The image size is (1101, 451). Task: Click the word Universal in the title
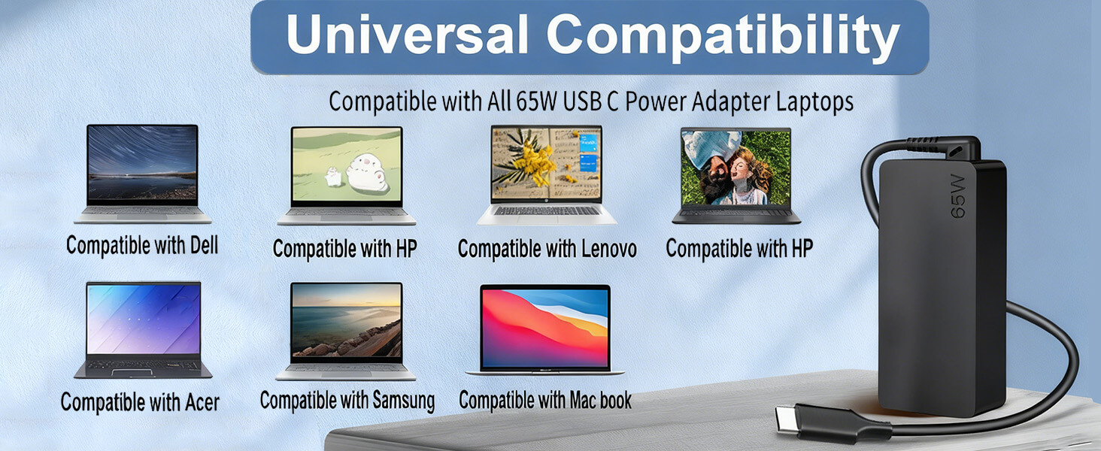pyautogui.click(x=408, y=34)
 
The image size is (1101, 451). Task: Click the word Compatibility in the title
pyautogui.click(x=723, y=37)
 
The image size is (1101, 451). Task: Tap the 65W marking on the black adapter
pyautogui.click(x=958, y=196)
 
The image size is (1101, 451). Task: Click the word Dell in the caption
pyautogui.click(x=204, y=244)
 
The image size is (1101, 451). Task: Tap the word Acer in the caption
pyautogui.click(x=202, y=402)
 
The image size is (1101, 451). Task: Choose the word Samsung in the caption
pyautogui.click(x=403, y=401)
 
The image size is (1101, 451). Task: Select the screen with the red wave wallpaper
pyautogui.click(x=545, y=328)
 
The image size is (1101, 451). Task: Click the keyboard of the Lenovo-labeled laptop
pyautogui.click(x=546, y=210)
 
